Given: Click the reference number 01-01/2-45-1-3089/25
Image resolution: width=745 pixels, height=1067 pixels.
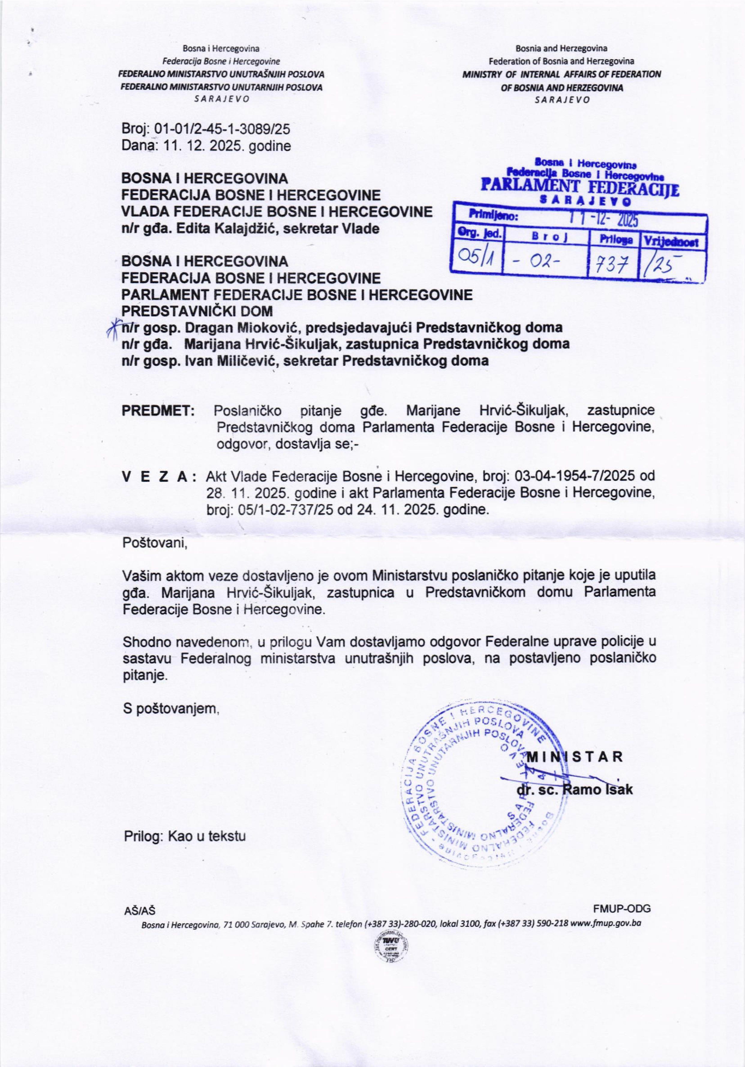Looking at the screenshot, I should [x=222, y=128].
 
